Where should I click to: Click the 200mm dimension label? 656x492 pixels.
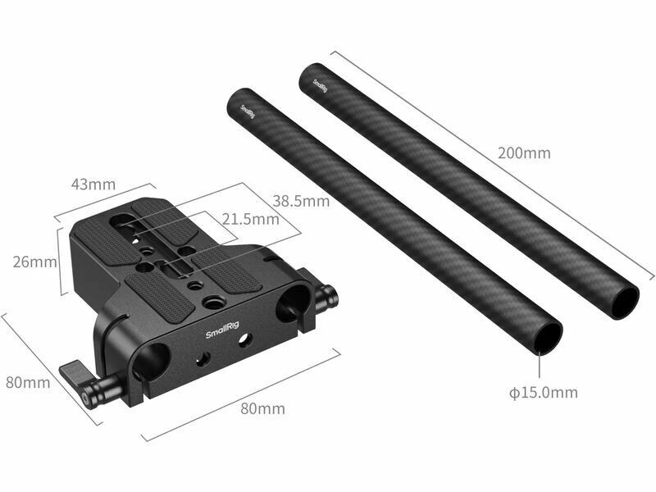pos(524,153)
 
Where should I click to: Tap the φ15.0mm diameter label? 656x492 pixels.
pos(543,393)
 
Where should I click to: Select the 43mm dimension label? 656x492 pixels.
pos(93,184)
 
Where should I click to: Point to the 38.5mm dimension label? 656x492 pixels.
pos(301,201)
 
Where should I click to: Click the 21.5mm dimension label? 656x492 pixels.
pos(250,219)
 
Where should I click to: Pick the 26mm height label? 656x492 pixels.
pos(34,262)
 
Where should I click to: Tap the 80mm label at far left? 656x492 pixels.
pos(28,382)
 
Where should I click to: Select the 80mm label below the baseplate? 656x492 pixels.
pos(262,408)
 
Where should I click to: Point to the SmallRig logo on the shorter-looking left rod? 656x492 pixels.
pos(248,112)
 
